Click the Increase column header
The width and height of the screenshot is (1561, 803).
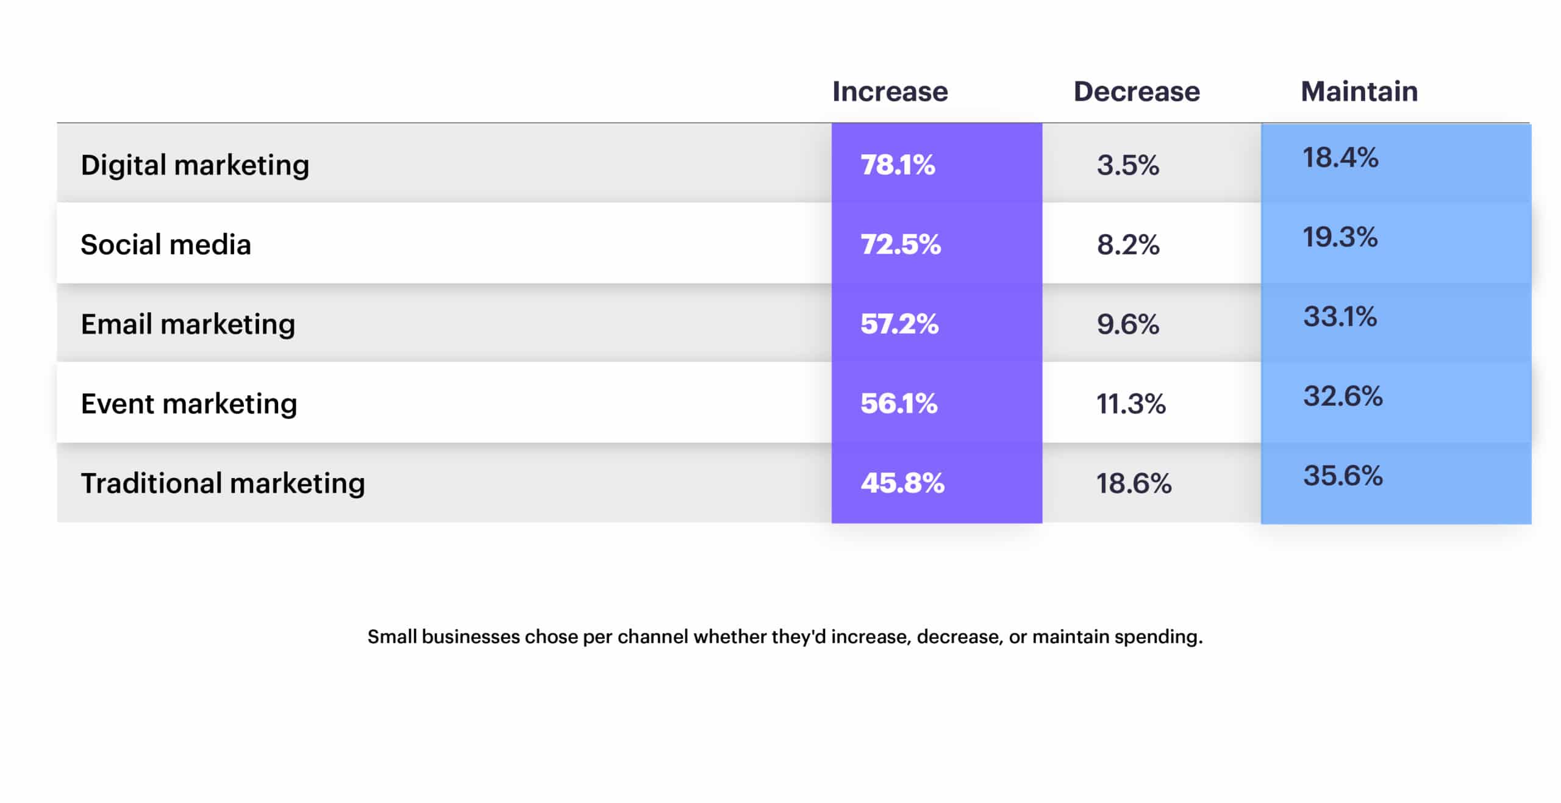(890, 91)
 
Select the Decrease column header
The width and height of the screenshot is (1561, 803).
(1136, 91)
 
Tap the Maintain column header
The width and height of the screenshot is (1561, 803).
(1359, 91)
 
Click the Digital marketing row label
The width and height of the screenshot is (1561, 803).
(195, 165)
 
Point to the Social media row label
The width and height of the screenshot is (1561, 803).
(166, 244)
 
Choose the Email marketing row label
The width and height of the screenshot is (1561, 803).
(188, 324)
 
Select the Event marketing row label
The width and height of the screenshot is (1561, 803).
(189, 404)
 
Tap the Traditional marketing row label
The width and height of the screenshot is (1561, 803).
(223, 483)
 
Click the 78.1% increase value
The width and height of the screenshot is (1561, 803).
(898, 165)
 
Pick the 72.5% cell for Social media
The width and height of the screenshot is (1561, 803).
(901, 244)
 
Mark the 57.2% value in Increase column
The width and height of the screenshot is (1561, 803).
(899, 324)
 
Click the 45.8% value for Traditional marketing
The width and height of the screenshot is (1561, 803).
(902, 483)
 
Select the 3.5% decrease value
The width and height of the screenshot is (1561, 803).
(1127, 165)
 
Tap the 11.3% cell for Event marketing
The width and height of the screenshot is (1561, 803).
(1131, 404)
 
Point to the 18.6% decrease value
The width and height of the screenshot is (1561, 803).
(1134, 484)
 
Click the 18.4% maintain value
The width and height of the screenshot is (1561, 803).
(1340, 157)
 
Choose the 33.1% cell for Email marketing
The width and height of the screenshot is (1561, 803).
(1340, 316)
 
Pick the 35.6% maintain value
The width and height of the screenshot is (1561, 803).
(1343, 476)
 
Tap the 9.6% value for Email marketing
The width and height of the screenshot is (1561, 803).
(1127, 324)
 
